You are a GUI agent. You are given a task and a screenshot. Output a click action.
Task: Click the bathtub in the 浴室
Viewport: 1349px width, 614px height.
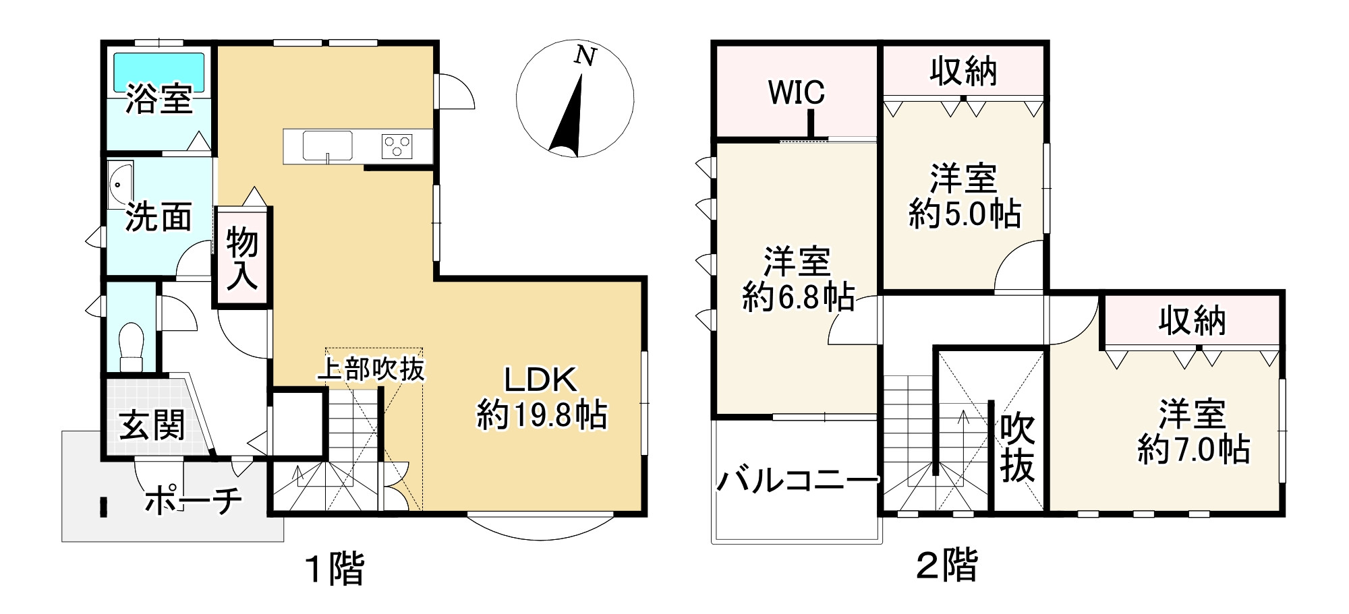[159, 71]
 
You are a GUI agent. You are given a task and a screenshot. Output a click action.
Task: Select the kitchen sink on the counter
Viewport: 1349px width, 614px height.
[327, 145]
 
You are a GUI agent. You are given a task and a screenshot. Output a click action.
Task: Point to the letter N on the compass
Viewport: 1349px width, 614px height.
[585, 57]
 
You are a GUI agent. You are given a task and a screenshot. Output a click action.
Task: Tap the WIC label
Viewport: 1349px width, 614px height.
[796, 92]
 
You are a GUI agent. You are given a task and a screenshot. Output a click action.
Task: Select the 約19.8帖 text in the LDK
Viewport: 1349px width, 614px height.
[542, 415]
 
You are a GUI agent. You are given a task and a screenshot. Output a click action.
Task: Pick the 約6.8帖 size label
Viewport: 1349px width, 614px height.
[798, 297]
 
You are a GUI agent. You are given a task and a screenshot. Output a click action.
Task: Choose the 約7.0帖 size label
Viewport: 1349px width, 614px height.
[1193, 450]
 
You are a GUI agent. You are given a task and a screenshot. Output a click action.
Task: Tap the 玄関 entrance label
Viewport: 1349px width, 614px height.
[152, 425]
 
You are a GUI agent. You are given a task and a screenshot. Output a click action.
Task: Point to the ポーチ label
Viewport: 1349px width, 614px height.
[194, 500]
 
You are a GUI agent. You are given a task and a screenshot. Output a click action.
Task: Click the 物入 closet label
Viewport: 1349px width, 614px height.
[242, 258]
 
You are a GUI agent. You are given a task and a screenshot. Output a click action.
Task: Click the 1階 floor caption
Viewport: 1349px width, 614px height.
[335, 567]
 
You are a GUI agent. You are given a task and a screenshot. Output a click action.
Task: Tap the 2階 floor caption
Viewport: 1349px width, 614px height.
[946, 565]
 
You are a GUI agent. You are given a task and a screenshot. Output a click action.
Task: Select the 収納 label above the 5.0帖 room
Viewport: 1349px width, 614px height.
[963, 71]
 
